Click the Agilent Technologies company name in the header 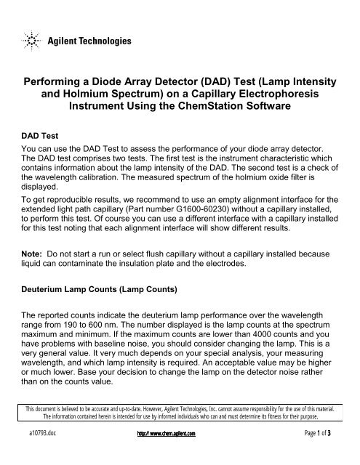89,41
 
